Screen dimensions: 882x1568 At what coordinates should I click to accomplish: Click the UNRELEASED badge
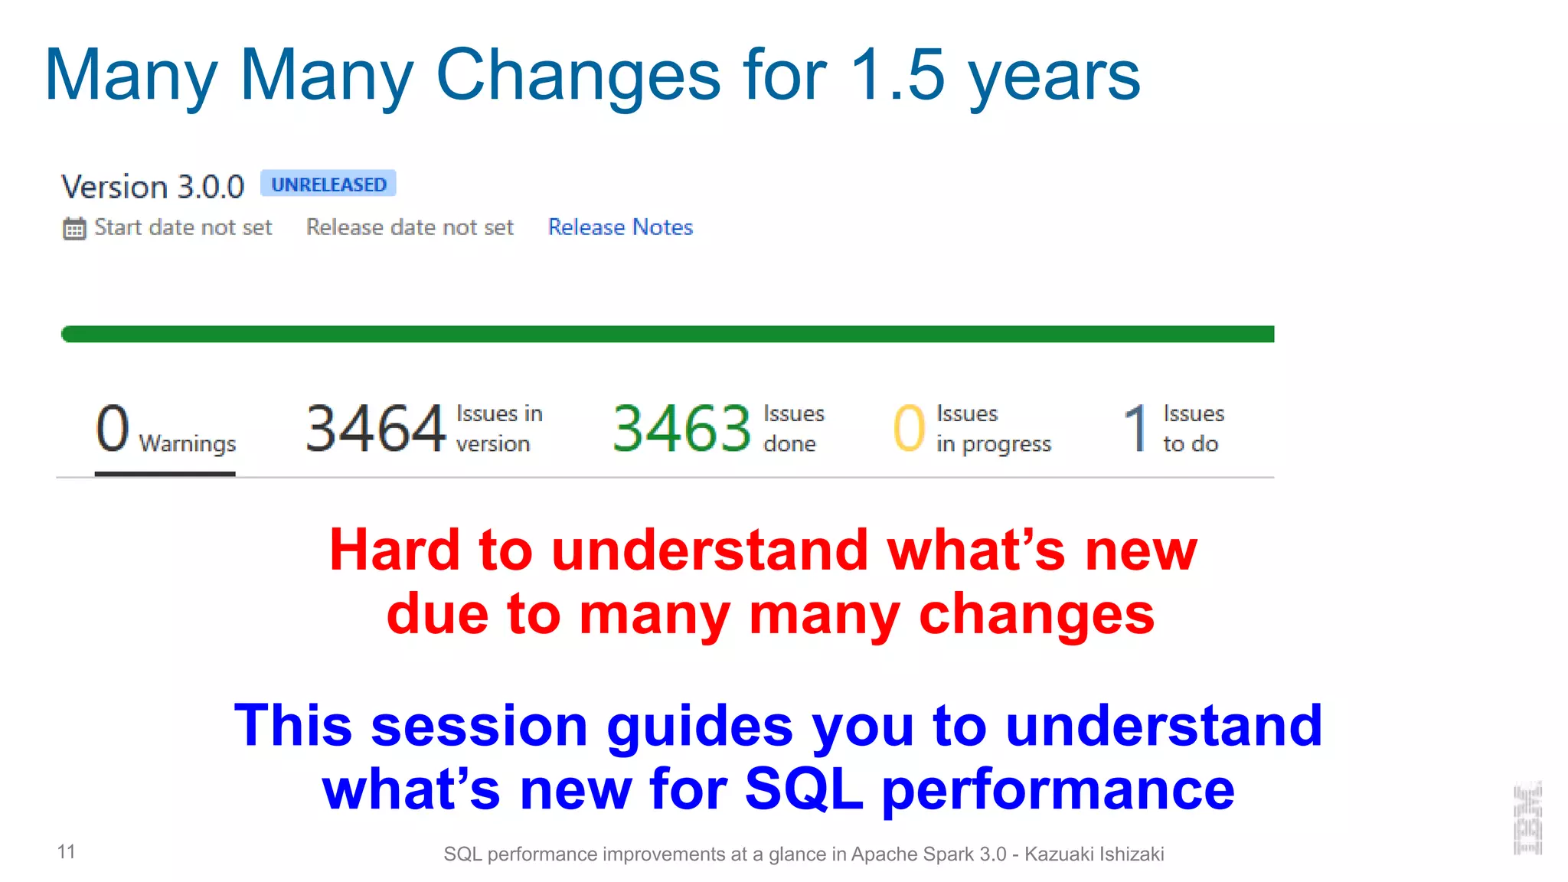coord(328,185)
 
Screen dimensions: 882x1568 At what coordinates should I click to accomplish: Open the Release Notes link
coord(620,227)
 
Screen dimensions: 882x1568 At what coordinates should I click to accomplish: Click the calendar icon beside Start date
coord(74,228)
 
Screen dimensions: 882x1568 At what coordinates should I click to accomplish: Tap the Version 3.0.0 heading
coord(152,187)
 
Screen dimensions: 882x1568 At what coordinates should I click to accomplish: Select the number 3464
coord(375,429)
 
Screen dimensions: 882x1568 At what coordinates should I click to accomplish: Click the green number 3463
coord(681,429)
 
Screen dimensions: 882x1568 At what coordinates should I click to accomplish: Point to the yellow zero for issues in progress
coord(909,429)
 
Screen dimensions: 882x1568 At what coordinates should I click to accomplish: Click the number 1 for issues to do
coord(1136,429)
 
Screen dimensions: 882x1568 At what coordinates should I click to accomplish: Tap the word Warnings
coord(188,444)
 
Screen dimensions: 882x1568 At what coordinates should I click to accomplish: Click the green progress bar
coord(666,334)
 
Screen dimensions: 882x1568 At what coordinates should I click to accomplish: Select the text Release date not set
coord(410,227)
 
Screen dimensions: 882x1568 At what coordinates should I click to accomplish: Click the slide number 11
coord(67,851)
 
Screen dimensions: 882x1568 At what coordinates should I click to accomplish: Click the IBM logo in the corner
coord(1527,818)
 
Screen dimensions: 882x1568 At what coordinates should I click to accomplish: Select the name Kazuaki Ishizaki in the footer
coord(1094,854)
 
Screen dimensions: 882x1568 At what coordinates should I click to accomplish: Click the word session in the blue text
coord(479,726)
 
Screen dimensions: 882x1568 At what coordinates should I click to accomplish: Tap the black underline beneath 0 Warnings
coord(165,474)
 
